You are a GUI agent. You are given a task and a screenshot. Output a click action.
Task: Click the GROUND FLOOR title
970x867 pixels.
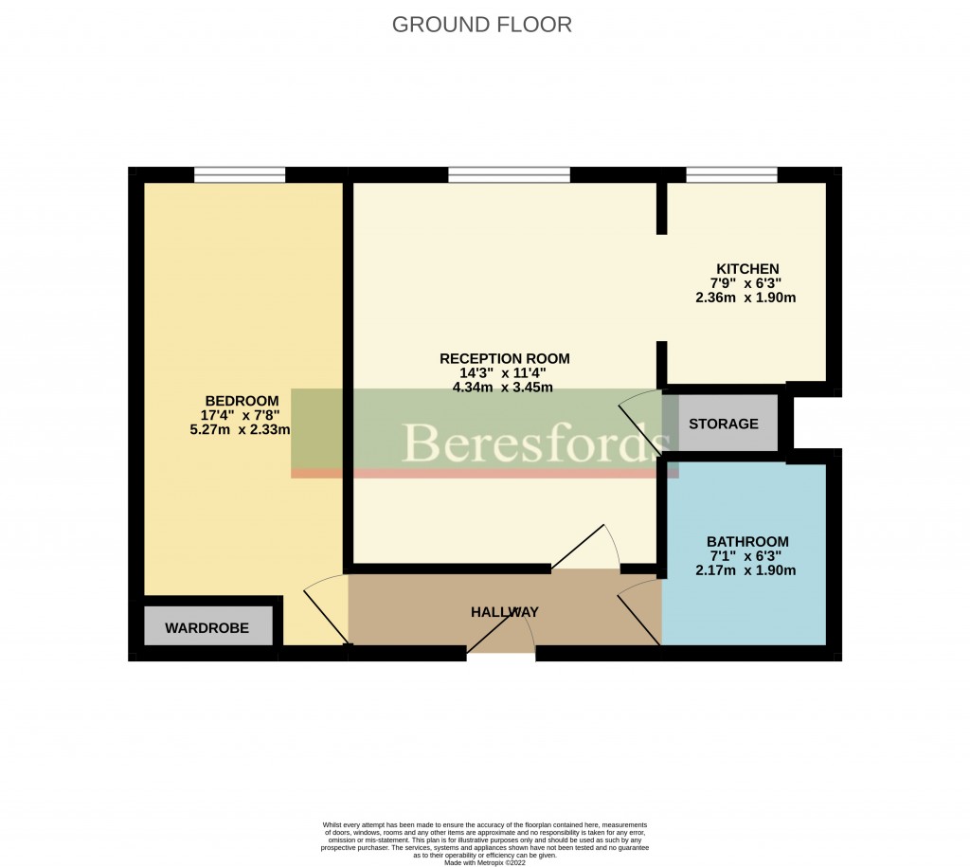coord(481,25)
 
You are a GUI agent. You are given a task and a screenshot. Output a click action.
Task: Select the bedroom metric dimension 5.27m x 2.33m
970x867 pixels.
coord(240,429)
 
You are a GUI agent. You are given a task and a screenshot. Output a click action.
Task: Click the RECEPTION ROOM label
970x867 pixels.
coord(504,358)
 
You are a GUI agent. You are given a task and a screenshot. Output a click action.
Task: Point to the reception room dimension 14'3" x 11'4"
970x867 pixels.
coord(504,372)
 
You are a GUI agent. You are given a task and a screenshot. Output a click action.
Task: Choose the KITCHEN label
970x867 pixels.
coord(746,269)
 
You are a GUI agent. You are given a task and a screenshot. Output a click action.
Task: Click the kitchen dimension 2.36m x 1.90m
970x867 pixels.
coord(746,298)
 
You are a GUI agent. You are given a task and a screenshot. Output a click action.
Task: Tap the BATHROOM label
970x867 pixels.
coord(746,542)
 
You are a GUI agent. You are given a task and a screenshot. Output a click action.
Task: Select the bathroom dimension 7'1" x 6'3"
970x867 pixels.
coord(746,556)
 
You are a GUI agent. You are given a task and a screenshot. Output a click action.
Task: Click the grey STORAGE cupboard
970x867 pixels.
coord(724,424)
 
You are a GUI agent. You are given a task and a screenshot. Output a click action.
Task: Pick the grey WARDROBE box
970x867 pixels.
coord(207,627)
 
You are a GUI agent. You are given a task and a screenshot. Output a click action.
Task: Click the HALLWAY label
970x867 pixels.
coord(504,612)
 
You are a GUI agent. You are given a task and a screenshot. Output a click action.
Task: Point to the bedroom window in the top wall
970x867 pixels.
coord(239,174)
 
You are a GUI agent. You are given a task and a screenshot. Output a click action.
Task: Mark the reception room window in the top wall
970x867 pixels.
coord(509,174)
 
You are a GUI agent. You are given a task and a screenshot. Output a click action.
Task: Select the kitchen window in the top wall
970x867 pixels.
coord(731,174)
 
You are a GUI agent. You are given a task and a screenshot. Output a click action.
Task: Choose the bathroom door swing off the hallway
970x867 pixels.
coord(640,612)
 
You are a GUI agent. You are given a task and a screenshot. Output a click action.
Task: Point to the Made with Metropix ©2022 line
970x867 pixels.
coord(484,861)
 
